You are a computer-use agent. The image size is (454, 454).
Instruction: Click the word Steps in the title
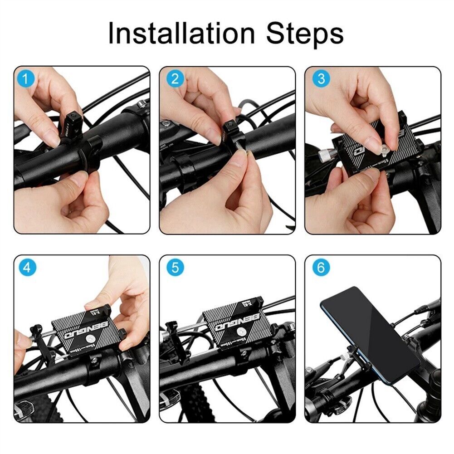(305, 33)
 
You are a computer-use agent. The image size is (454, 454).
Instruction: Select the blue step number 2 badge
(175, 79)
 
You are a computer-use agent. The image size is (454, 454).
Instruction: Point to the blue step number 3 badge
(321, 79)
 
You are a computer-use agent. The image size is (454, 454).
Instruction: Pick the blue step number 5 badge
(175, 268)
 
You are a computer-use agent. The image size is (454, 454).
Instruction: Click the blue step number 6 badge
(321, 268)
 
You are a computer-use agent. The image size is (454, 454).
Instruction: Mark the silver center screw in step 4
(92, 338)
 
